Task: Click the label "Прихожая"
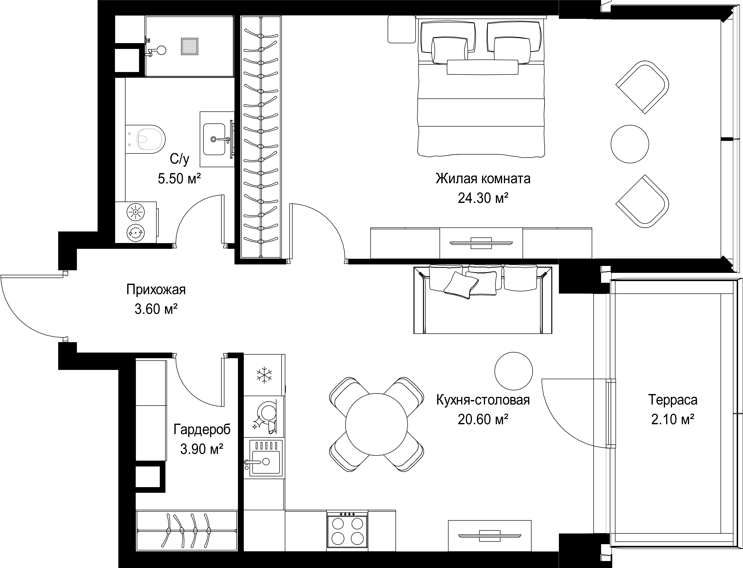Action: coord(156,290)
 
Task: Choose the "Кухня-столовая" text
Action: coord(483,400)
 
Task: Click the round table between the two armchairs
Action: coord(630,144)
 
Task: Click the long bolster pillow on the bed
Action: coord(482,67)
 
